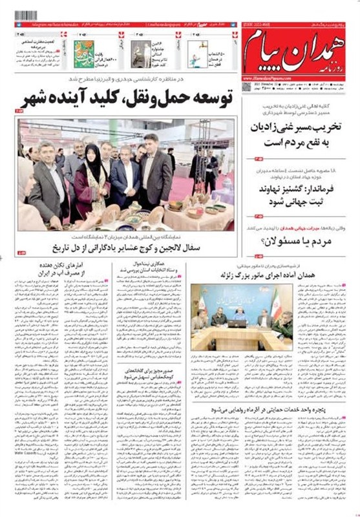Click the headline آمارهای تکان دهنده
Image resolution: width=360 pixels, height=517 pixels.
pyautogui.click(x=50, y=270)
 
